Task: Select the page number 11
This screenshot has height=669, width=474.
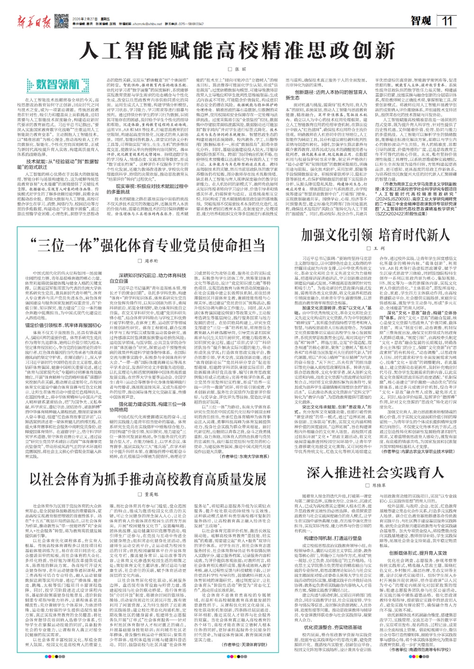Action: (x=447, y=21)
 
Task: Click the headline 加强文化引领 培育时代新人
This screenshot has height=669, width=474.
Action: (x=375, y=235)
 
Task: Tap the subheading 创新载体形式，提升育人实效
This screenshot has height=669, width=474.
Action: (x=418, y=540)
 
